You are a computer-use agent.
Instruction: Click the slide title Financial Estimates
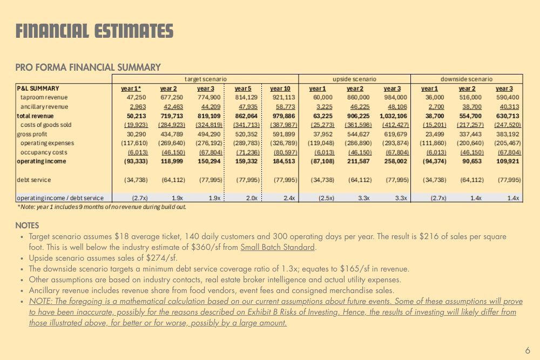(94, 31)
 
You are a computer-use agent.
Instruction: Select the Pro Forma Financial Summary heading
(88, 67)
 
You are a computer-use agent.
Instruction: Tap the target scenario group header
(205, 79)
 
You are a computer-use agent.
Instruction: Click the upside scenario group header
(354, 79)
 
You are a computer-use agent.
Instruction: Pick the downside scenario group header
(467, 79)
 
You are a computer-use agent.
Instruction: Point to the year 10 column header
(280, 89)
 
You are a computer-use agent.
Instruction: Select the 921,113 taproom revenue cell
(283, 98)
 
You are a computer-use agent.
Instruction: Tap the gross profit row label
(32, 134)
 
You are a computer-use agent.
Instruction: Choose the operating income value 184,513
(283, 161)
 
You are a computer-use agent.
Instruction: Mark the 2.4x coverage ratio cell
(289, 198)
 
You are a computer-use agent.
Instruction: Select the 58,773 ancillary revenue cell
(283, 107)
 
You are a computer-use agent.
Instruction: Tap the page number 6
(528, 350)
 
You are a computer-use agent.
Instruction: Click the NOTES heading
(27, 225)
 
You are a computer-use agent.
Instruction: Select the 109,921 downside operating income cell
(508, 161)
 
